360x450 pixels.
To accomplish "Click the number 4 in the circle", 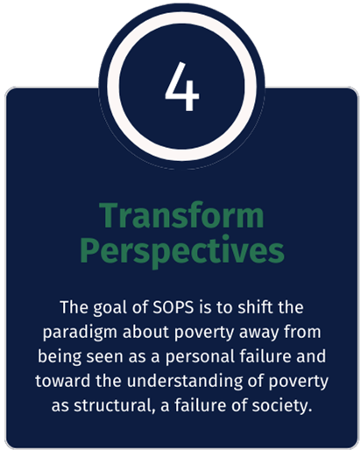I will point(181,88).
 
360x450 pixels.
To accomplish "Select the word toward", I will point(59,383).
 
